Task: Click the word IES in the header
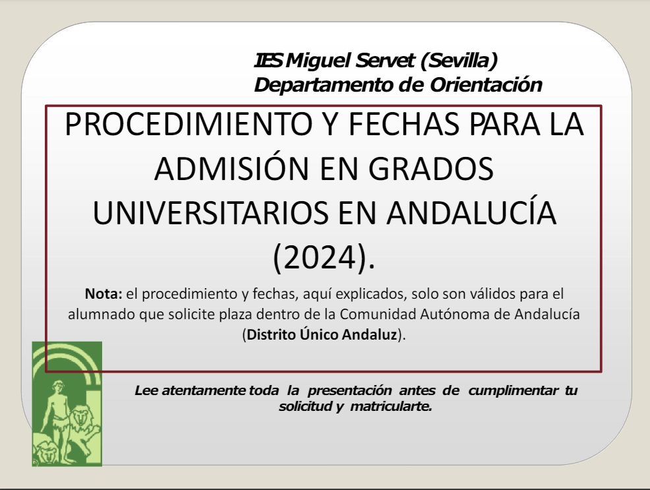[268, 61]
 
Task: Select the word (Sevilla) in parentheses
[459, 61]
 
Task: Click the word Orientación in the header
[486, 84]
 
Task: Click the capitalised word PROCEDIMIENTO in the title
[189, 124]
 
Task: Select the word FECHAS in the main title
[403, 124]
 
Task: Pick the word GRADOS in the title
[430, 169]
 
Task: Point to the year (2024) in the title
[324, 258]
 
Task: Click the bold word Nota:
[103, 293]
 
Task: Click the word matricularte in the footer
[391, 406]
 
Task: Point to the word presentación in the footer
[349, 390]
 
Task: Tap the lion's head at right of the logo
[82, 417]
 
